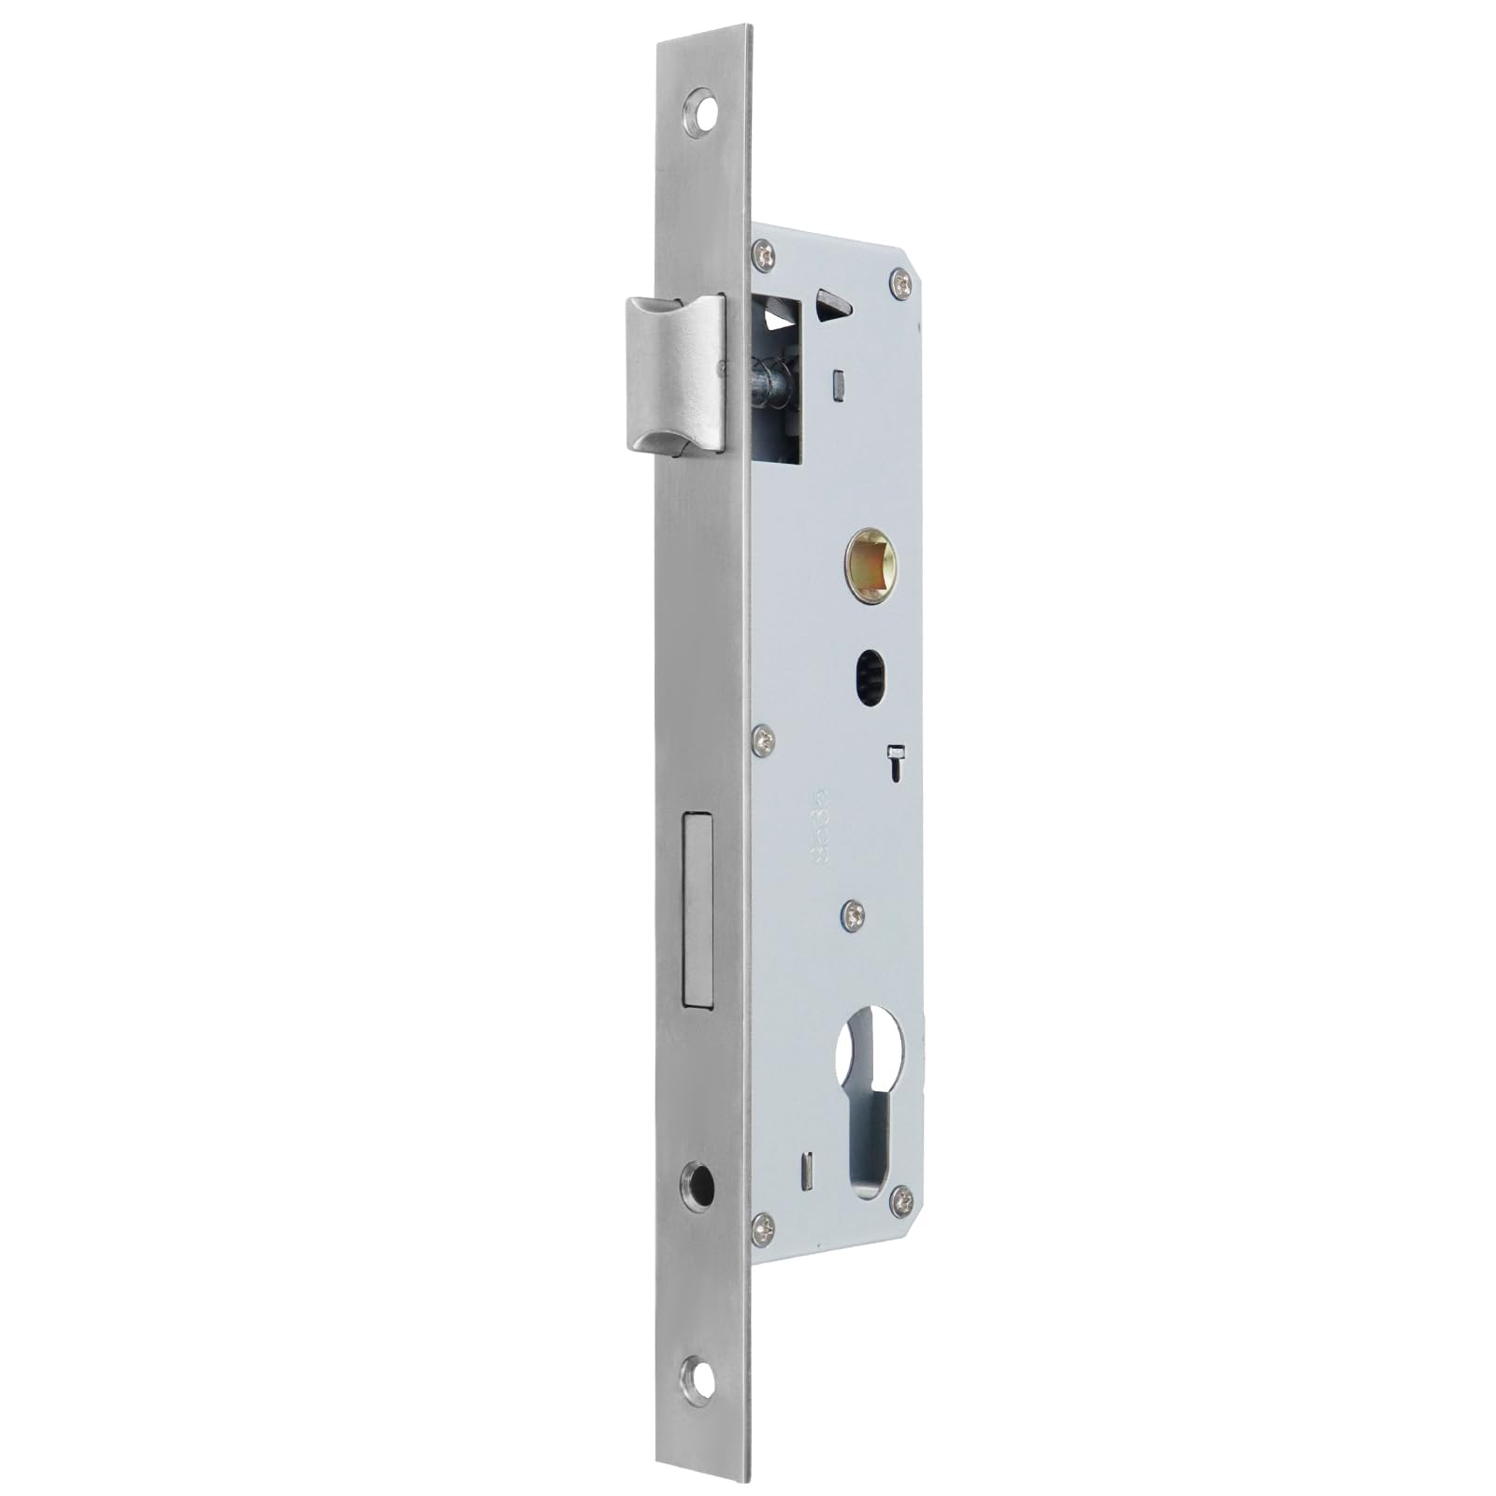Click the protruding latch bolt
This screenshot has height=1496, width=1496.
(x=675, y=374)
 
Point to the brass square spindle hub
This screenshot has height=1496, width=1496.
(x=870, y=566)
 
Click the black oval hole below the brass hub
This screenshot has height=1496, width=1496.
(x=870, y=676)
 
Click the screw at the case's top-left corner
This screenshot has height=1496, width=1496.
(x=764, y=254)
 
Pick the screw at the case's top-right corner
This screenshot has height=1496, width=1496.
(x=900, y=282)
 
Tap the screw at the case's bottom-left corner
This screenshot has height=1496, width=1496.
(x=764, y=1227)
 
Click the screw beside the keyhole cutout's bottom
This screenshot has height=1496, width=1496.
(x=901, y=1201)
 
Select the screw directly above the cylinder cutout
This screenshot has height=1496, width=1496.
(x=852, y=916)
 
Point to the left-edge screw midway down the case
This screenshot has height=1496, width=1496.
(x=764, y=741)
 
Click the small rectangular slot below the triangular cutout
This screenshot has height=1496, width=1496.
(x=839, y=385)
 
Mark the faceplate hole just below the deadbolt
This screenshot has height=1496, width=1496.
(x=698, y=1186)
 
